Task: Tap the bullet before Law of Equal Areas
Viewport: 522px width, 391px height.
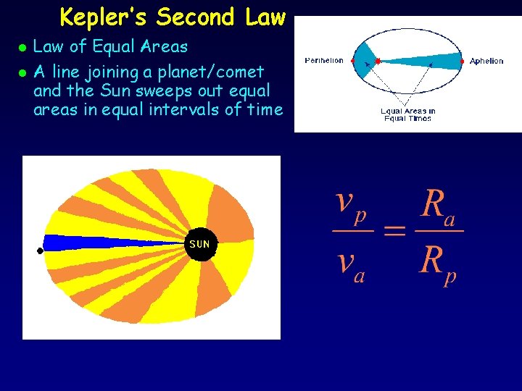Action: (x=22, y=48)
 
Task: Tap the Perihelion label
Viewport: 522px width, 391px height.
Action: (x=324, y=61)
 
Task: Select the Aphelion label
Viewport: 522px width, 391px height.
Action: (x=486, y=62)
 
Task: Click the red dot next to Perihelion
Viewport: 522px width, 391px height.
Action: (x=352, y=61)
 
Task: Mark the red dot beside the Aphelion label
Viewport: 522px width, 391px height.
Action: (x=463, y=61)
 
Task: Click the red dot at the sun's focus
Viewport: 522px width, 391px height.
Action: (x=378, y=61)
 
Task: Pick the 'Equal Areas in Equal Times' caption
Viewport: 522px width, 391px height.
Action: (x=408, y=114)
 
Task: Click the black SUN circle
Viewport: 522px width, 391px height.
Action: (x=199, y=244)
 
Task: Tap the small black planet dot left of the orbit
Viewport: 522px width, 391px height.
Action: (x=40, y=251)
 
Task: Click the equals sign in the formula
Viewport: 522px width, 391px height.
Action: (x=394, y=231)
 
